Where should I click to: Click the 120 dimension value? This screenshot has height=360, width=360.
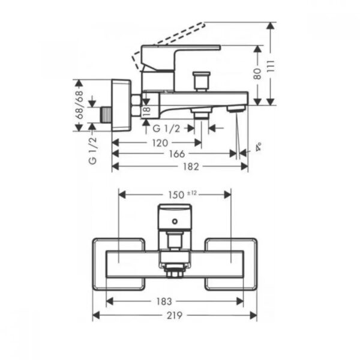pos(160,143)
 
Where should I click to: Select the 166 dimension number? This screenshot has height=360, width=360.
pos(177,154)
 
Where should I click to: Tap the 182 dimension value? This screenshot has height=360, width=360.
pos(191,166)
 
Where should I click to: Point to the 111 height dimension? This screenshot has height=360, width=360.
pos(271,66)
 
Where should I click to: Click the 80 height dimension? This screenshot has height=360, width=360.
pos(257,74)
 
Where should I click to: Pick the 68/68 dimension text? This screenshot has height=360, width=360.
pos(79,104)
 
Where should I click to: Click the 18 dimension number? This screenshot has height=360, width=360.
pos(146,111)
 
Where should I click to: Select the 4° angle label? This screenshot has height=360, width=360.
pos(259,147)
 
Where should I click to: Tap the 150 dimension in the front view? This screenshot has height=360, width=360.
pos(176,195)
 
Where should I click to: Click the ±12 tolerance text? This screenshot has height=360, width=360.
pos(192,193)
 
